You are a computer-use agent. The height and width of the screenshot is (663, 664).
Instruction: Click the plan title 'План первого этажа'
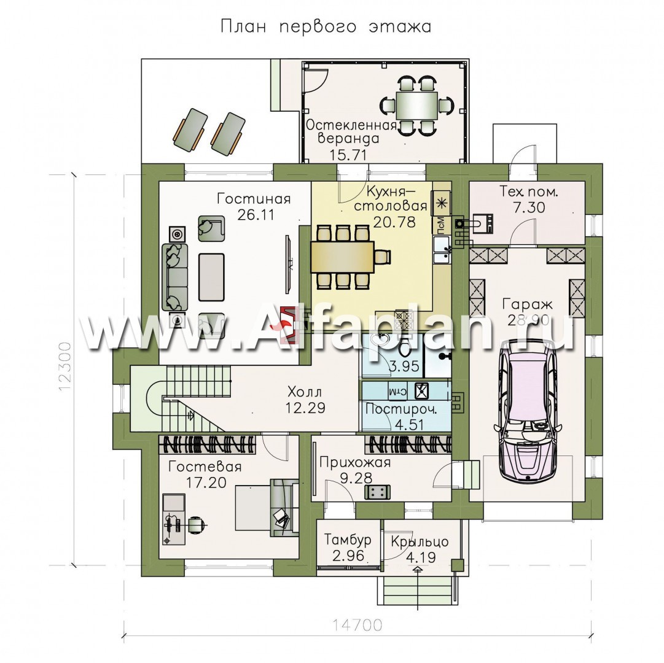[x=325, y=27]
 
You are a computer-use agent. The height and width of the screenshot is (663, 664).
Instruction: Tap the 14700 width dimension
[x=356, y=624]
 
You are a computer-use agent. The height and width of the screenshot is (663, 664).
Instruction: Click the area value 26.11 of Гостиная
[x=256, y=214]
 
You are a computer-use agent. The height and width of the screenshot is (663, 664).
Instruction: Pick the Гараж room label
[x=528, y=304]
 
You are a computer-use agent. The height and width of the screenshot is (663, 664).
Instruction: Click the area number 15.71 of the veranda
[x=348, y=155]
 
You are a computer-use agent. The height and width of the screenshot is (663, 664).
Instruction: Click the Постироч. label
[x=402, y=409]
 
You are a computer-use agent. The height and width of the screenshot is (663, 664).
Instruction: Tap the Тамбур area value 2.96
[x=348, y=555]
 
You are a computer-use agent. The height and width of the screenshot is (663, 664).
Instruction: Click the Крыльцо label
[x=420, y=542]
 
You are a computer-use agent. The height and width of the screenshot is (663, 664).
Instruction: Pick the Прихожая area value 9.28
[x=356, y=478]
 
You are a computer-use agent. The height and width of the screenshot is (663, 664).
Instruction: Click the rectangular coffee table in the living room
[x=212, y=277]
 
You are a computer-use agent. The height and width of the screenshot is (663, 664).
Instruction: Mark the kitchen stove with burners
[x=401, y=320]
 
